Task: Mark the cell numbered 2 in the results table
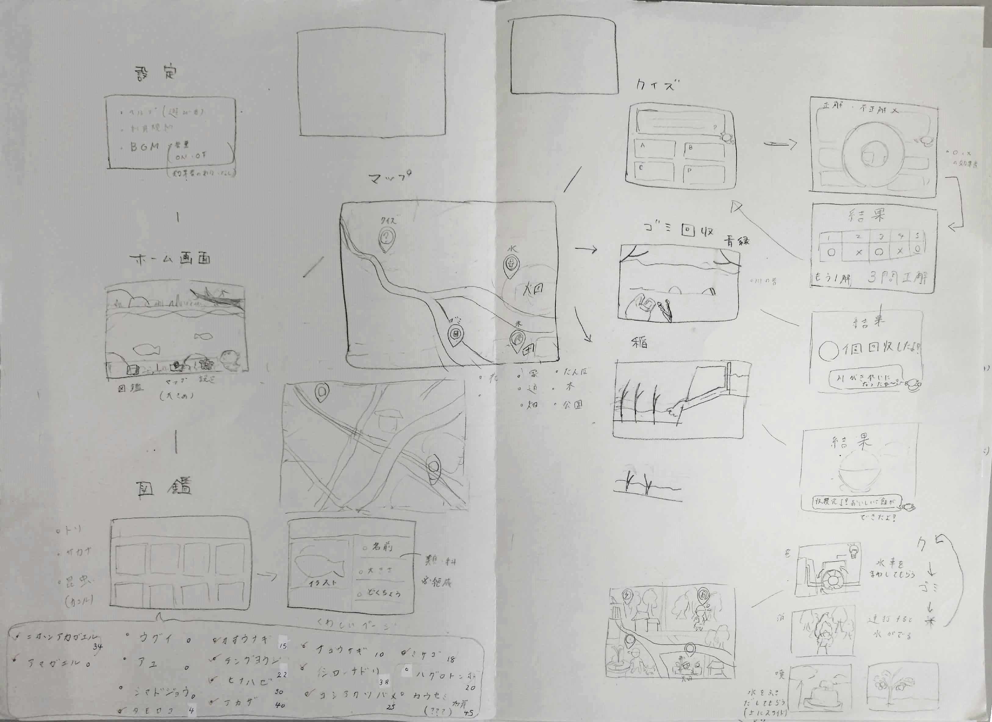tap(858, 237)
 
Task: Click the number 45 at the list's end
tap(469, 713)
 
